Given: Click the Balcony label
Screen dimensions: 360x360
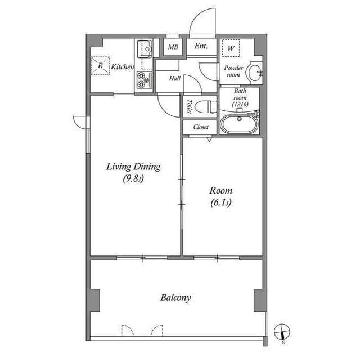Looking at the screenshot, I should pyautogui.click(x=175, y=298).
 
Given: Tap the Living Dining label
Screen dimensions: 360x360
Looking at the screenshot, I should pyautogui.click(x=134, y=166).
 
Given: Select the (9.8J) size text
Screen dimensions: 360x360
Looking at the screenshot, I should pyautogui.click(x=134, y=179).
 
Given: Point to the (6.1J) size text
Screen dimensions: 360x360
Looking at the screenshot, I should pyautogui.click(x=220, y=203).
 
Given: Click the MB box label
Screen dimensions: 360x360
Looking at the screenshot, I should pyautogui.click(x=173, y=47).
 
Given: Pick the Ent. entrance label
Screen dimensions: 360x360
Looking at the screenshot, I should pyautogui.click(x=201, y=47).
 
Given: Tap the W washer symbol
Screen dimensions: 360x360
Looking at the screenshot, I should pyautogui.click(x=231, y=48).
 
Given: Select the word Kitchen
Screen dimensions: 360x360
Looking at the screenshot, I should pyautogui.click(x=122, y=67).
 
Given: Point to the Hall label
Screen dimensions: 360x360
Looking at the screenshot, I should pyautogui.click(x=174, y=79).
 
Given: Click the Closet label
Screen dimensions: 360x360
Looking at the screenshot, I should pyautogui.click(x=201, y=127).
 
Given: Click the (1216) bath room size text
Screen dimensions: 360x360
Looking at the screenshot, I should pyautogui.click(x=240, y=103).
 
